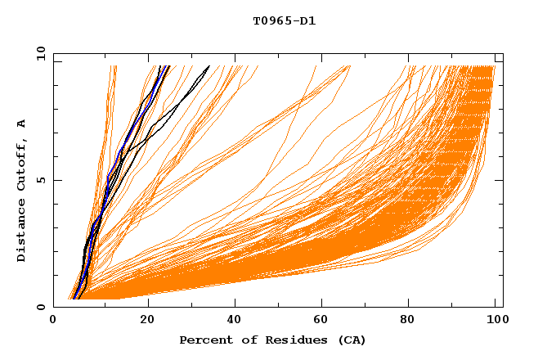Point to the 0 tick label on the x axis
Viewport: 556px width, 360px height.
click(53, 320)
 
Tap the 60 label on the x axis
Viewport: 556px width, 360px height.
click(323, 320)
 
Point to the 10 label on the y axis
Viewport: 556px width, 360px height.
click(39, 53)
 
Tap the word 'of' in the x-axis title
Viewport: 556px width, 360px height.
click(245, 340)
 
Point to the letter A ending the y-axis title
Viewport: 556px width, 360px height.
click(22, 124)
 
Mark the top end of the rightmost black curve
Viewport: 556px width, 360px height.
click(208, 66)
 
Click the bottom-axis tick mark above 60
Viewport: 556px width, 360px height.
click(323, 304)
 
